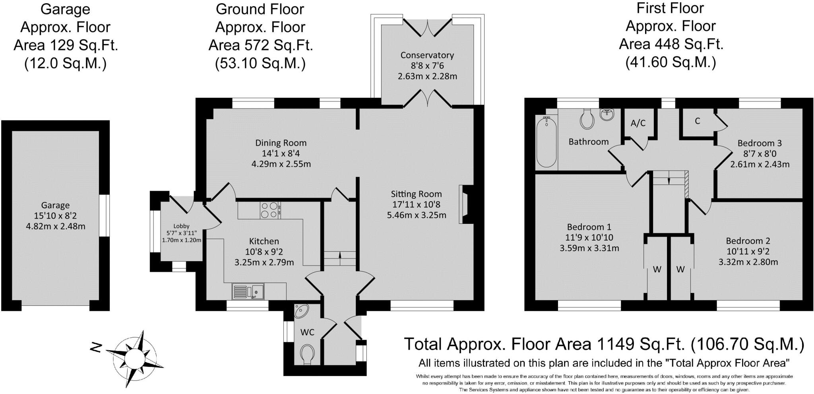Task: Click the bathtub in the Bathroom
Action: click(547, 142)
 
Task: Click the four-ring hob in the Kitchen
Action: click(270, 210)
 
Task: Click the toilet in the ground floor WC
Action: click(308, 354)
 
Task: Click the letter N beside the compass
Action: click(95, 348)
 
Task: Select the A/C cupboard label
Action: click(638, 123)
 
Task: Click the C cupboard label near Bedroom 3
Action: click(697, 121)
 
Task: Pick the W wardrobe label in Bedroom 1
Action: click(657, 270)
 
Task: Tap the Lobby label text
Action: click(181, 226)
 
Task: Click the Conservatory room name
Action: click(427, 55)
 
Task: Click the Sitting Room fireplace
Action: click(464, 204)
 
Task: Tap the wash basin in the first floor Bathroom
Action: click(607, 115)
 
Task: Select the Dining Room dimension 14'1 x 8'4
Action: click(281, 153)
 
